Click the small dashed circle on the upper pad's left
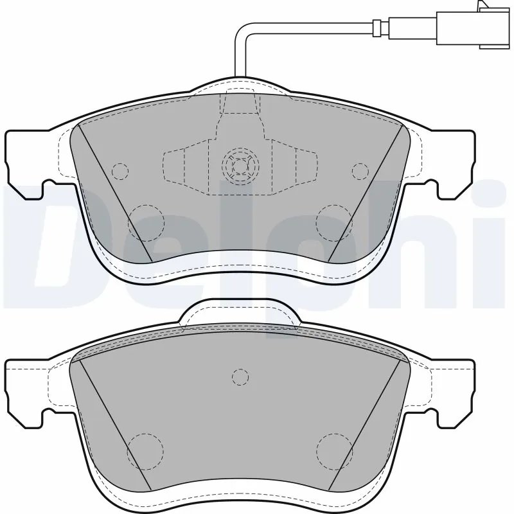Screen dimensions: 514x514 click(120, 171)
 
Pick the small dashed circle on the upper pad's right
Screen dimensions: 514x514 click(360, 171)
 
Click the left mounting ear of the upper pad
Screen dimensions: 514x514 click(26, 161)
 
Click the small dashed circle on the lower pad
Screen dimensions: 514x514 click(239, 377)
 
